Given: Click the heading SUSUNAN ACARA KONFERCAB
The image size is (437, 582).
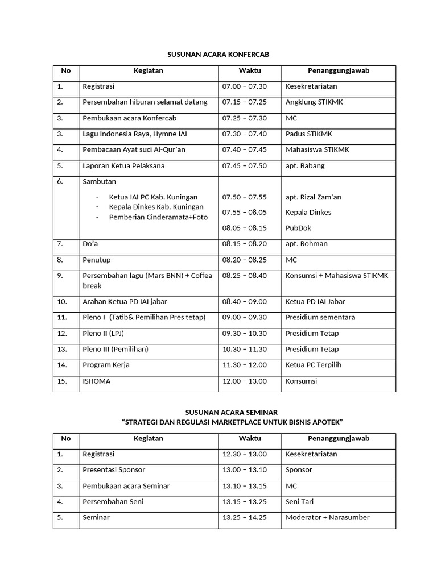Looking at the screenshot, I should pos(218,55).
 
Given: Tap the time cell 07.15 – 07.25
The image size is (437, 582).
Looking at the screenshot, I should pos(244,102).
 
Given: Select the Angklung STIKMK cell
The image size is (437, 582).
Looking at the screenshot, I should pos(314,102).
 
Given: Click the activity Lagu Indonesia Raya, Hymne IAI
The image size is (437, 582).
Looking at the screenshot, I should pos(135,134).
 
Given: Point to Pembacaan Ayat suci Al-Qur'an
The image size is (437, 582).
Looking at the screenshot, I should pos(134,150).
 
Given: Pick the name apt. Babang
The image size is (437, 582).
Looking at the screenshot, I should pos(305,166).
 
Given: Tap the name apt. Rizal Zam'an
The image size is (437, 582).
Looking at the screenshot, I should pos(314,197).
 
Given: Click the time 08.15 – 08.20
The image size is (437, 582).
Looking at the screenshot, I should pos(244,244).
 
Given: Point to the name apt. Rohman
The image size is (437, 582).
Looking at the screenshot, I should pos(307,244).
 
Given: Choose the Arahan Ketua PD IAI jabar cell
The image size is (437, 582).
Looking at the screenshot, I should pos(125,302).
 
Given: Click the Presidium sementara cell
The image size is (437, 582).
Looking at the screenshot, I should pos(320,318).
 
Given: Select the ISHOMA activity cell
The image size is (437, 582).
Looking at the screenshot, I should pos(97,381).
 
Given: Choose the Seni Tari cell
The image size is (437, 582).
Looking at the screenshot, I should pos(300,502).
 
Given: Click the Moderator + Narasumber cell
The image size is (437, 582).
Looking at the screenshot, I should pos(327,518).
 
